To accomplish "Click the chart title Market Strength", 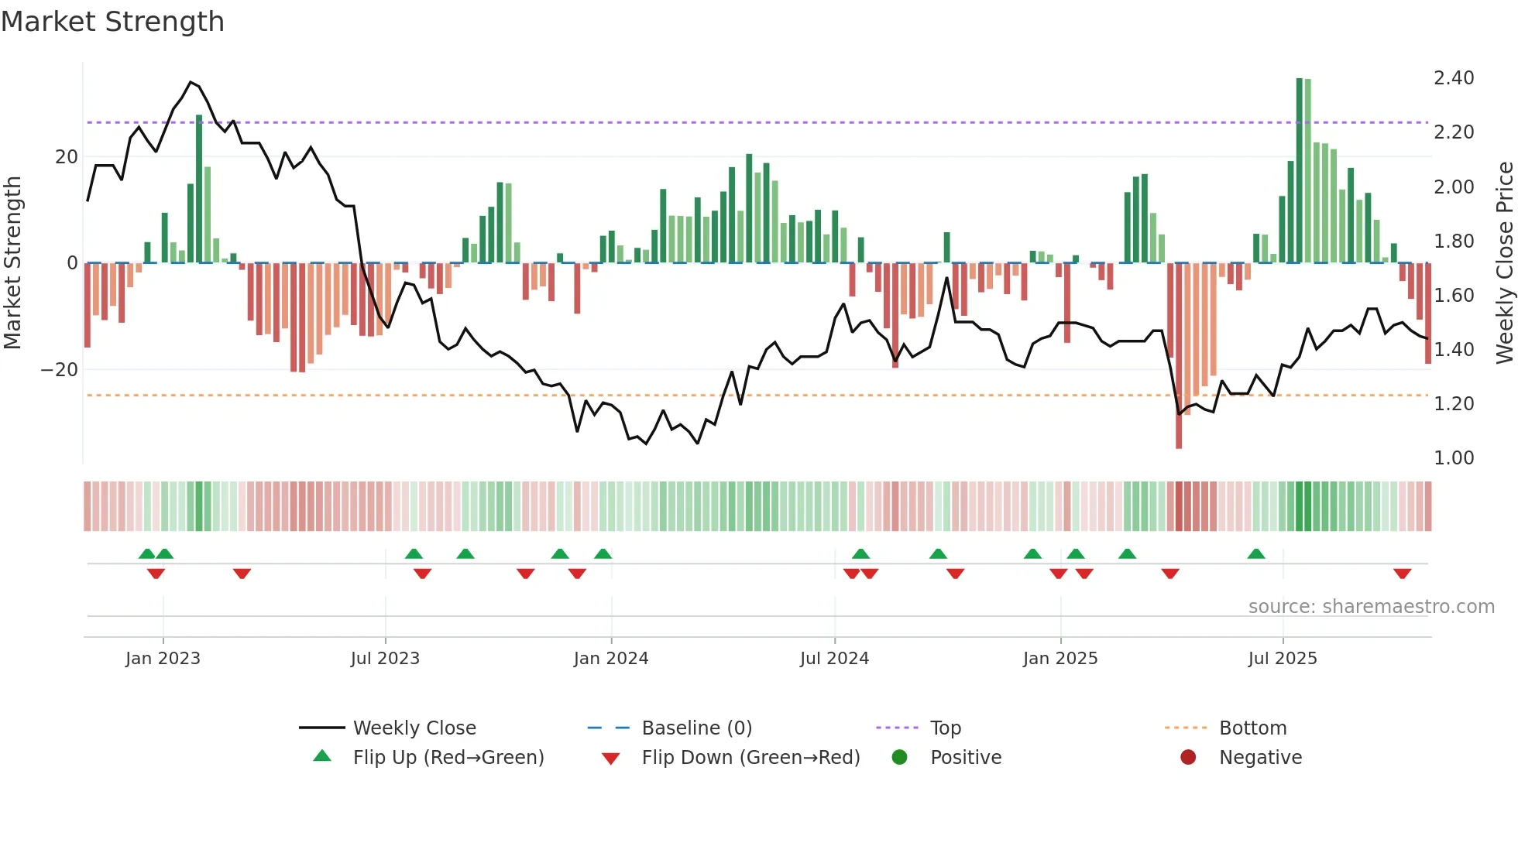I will (112, 22).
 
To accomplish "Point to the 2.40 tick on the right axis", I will (1453, 78).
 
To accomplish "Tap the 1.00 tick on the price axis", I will (1453, 458).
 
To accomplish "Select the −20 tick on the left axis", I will (60, 370).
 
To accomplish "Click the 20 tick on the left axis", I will (67, 157).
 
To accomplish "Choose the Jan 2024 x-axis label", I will (610, 659).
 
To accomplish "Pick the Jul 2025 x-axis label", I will (1282, 659).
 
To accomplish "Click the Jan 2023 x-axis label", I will (163, 659).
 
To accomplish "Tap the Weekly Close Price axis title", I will (1504, 262).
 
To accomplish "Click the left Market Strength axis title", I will (12, 262).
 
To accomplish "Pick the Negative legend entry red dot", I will (1188, 758).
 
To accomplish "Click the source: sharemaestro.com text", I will (1371, 607).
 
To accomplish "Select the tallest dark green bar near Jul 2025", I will (1300, 170).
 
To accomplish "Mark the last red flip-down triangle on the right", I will (1402, 574).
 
